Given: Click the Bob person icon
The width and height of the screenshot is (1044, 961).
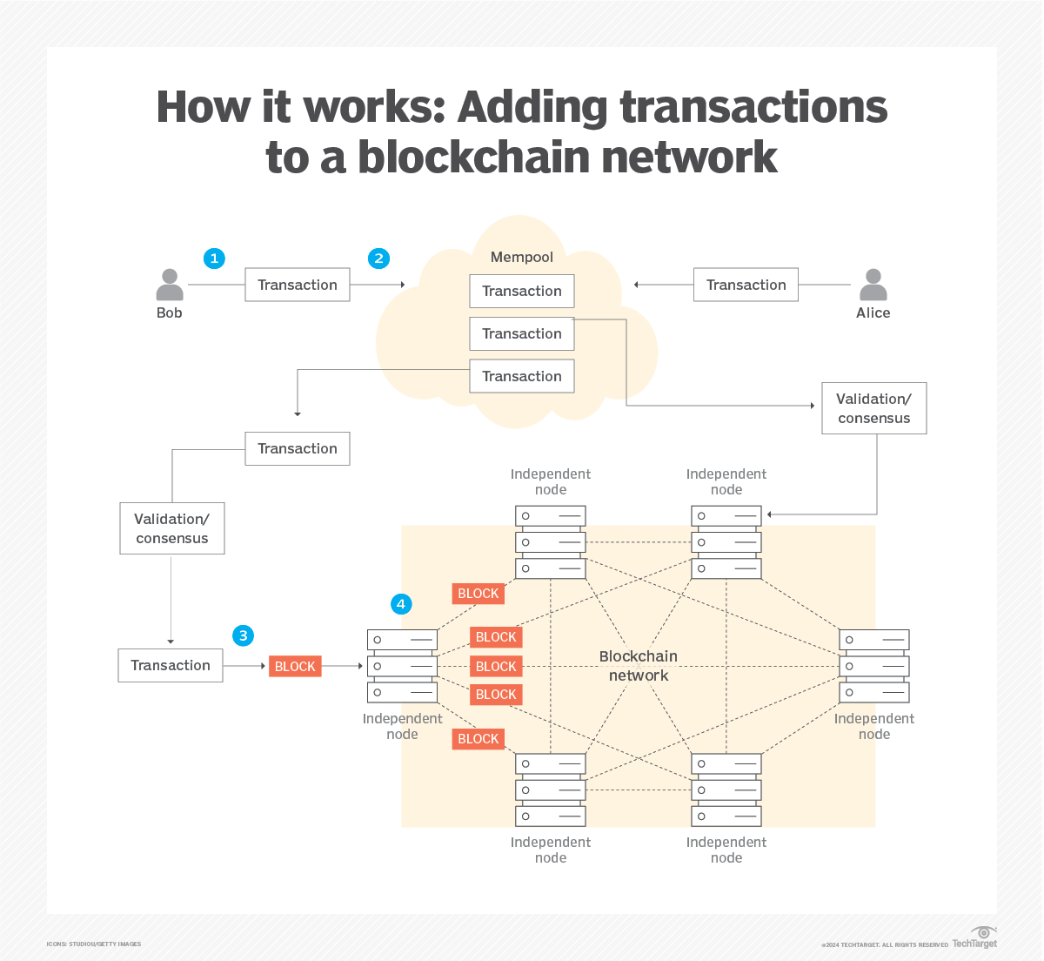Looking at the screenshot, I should pos(170,286).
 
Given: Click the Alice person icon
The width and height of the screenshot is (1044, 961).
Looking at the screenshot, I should pos(873,286).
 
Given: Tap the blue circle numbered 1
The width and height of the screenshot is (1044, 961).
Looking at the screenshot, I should pos(214,259).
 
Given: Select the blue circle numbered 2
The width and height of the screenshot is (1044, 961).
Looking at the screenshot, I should pos(378,259).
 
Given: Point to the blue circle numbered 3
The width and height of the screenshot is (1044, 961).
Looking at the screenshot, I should pos(244,635).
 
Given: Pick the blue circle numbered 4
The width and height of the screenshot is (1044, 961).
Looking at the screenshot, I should pos(400,604).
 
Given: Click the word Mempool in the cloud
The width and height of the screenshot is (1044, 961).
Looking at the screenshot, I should pos(522,257).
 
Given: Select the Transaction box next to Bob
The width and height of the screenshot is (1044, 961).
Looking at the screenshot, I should pos(298,285).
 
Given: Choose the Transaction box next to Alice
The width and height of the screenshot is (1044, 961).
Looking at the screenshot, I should pos(746,285).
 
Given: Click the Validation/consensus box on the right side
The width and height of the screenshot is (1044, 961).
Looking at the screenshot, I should pos(873,408).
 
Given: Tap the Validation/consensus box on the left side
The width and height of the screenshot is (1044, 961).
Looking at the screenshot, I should pos(172,528).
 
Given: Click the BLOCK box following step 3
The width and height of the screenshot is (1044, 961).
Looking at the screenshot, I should pos(295,667).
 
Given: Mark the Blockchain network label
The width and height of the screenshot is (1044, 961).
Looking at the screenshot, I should pos(639,666).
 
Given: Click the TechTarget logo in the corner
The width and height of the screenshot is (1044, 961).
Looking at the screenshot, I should pos(975,939).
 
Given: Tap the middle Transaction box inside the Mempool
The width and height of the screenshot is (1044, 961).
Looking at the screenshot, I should pos(522,333).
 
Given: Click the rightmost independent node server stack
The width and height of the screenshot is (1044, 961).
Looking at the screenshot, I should pos(874,666).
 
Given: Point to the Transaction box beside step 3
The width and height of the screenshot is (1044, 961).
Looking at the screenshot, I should pos(171,665).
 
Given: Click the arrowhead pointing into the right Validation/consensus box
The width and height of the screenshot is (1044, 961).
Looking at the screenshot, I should pos(813,406).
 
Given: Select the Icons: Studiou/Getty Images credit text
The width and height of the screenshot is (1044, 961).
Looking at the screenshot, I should pos(94,944).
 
